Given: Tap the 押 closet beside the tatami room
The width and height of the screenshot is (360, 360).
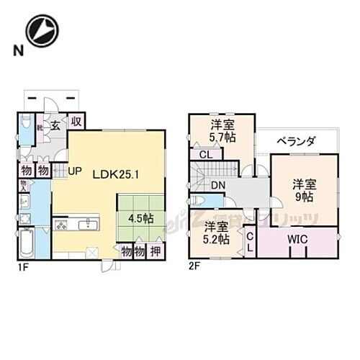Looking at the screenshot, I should pyautogui.click(x=156, y=252).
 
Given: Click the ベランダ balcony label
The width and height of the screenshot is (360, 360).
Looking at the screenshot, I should pyautogui.click(x=296, y=142).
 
